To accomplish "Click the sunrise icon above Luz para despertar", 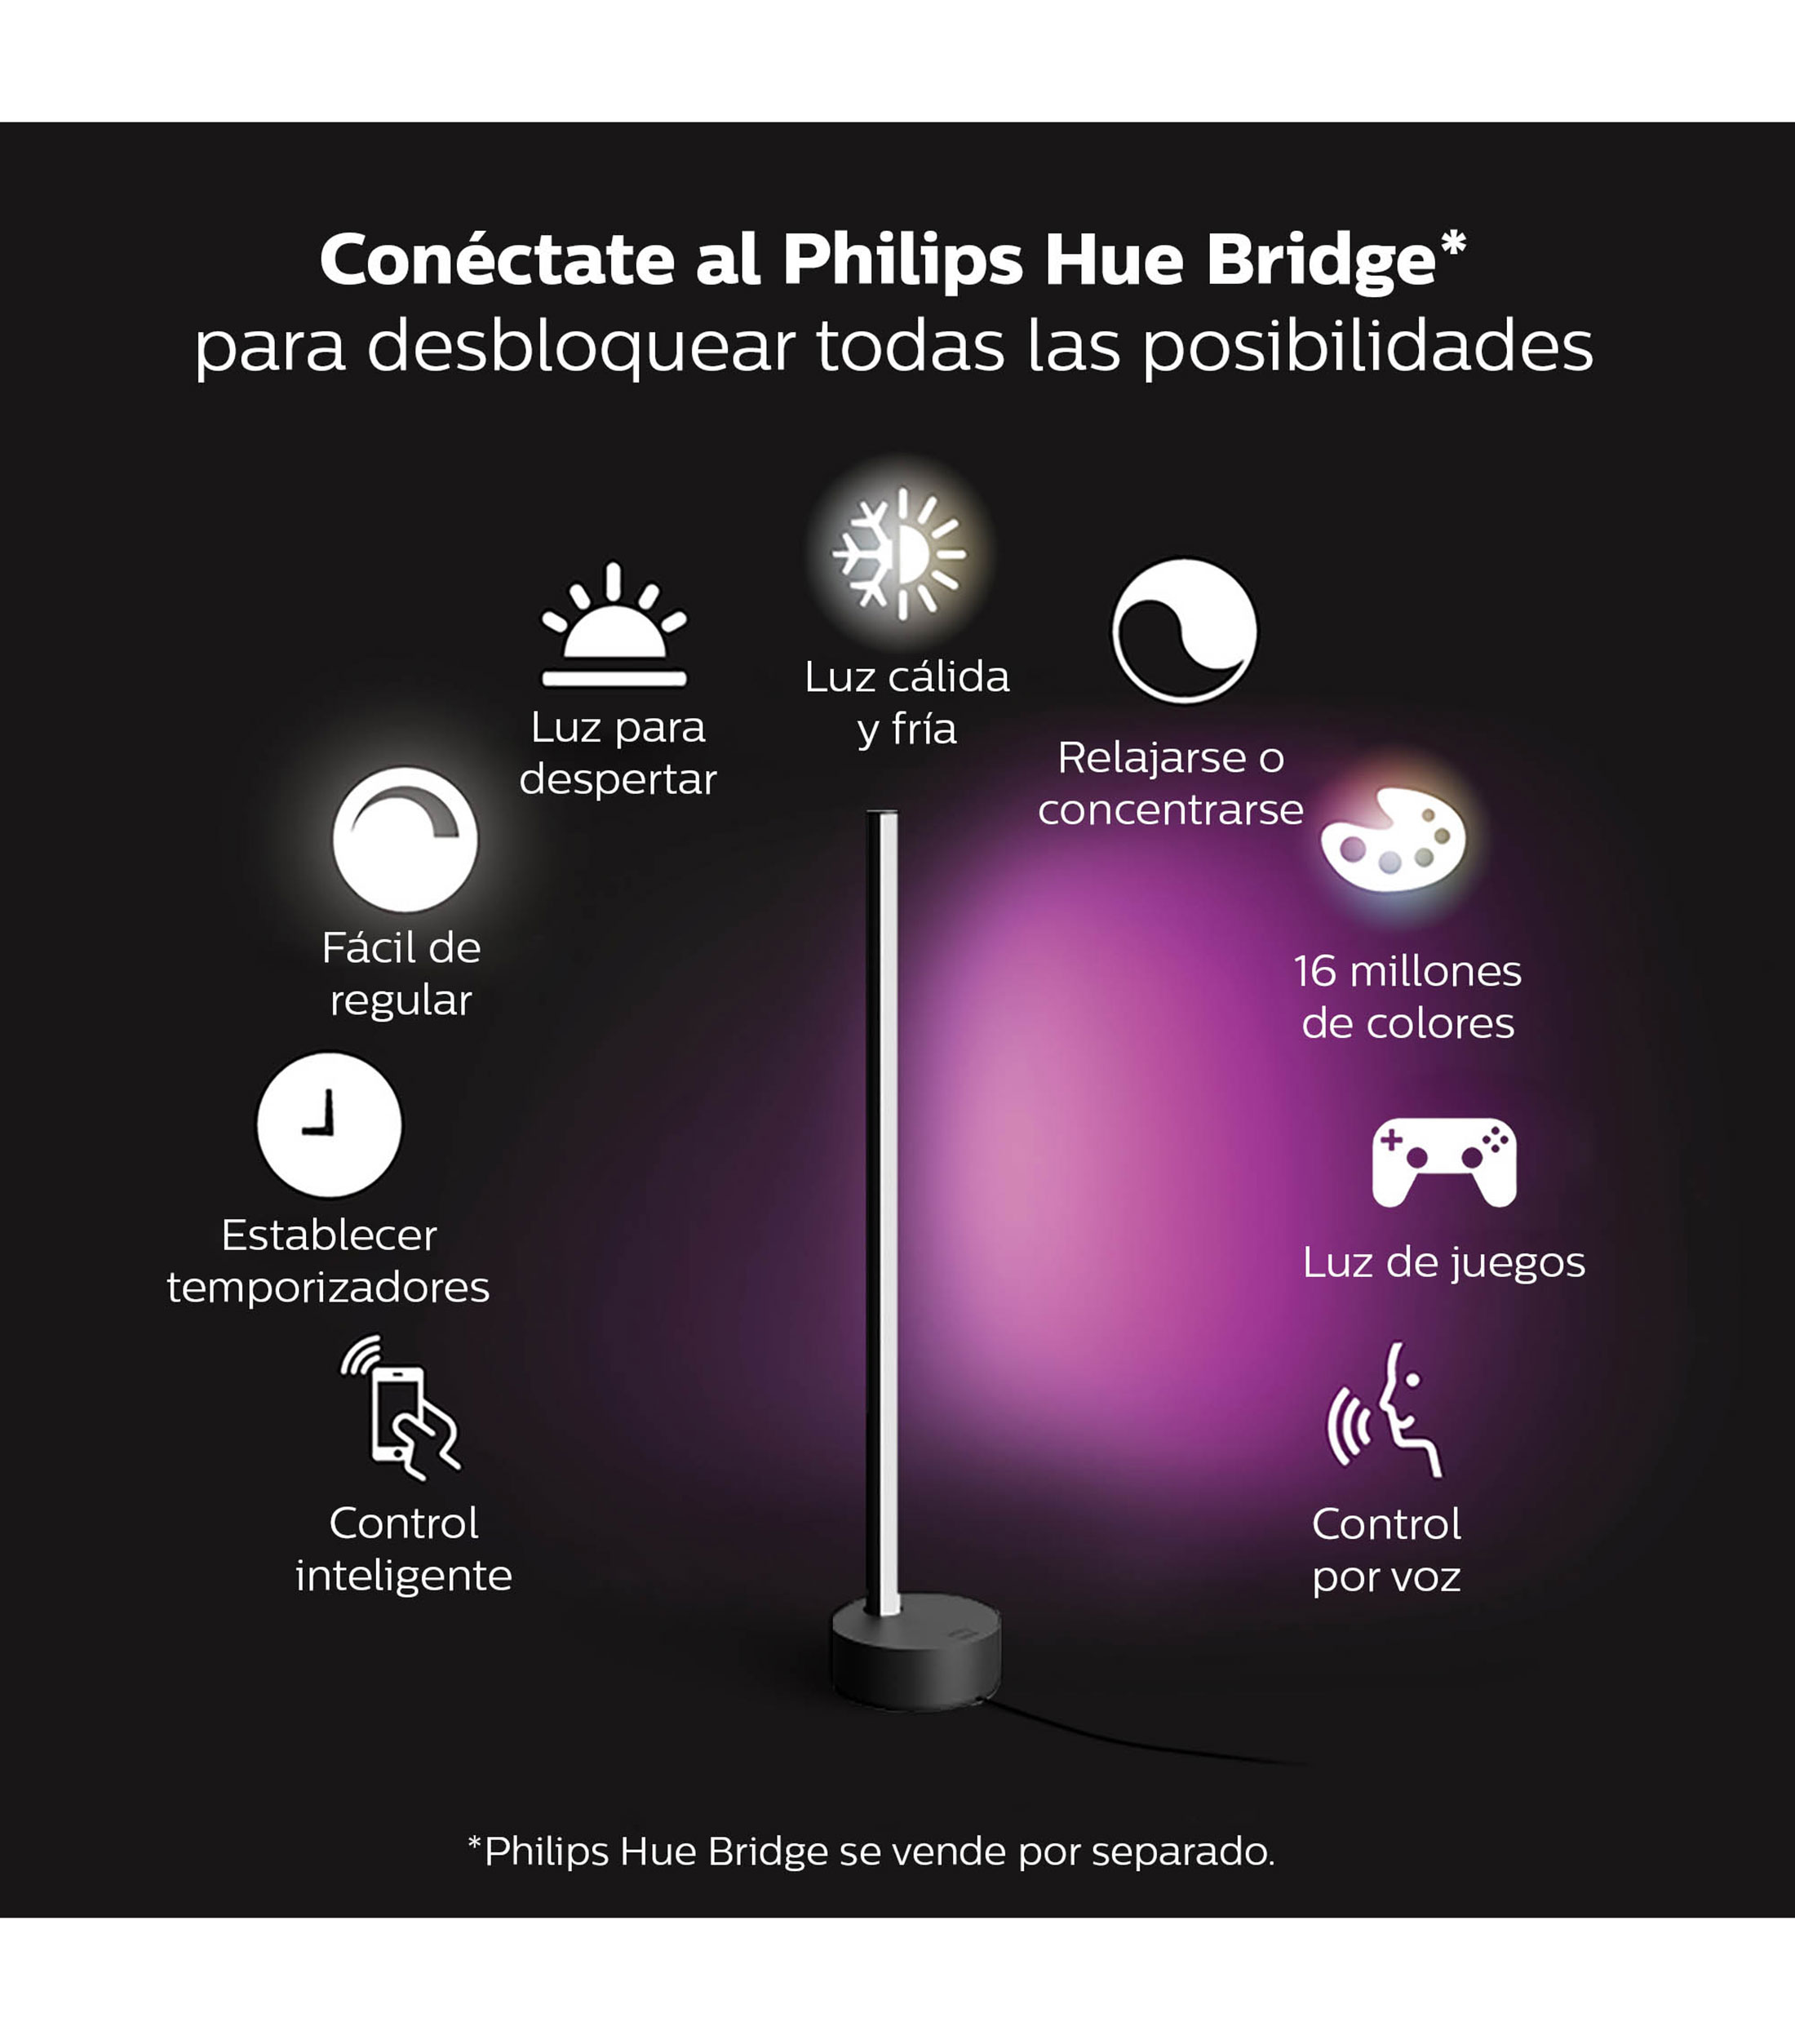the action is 614,625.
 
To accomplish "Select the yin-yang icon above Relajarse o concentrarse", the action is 1185,631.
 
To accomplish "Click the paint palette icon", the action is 1393,838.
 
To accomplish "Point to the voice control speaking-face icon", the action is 1384,1409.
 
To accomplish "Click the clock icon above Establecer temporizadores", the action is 330,1124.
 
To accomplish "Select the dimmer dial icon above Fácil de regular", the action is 405,840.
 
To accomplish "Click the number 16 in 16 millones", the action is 1315,971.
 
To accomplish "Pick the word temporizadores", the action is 328,1288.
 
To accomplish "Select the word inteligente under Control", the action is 403,1576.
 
